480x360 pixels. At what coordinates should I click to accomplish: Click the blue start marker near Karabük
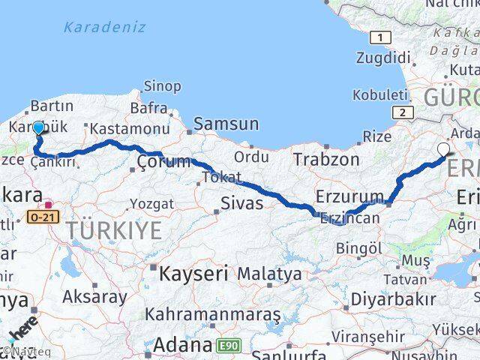tap(38, 128)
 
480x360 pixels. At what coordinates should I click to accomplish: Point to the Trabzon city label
tap(326, 159)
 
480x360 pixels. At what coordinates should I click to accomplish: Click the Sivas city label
tap(241, 202)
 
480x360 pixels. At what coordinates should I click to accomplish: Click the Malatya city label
tap(269, 274)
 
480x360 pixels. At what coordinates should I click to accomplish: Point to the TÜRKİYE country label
tap(112, 231)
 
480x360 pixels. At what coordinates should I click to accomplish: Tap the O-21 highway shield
tap(42, 217)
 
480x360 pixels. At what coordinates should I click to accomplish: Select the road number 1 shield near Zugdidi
tap(382, 37)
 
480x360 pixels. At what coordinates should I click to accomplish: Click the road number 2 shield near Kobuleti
tap(403, 112)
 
